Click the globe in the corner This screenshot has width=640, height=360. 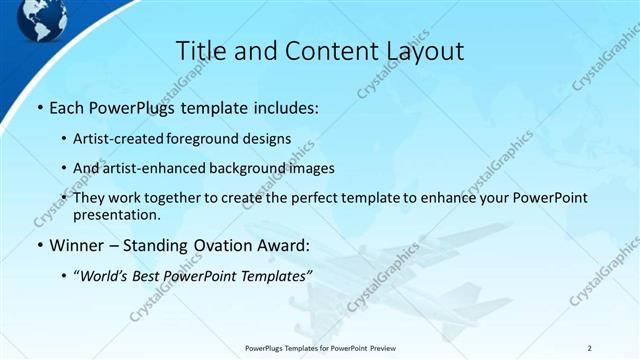click(41, 14)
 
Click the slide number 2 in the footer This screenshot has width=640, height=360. click(590, 348)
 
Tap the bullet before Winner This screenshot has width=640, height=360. click(39, 245)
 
